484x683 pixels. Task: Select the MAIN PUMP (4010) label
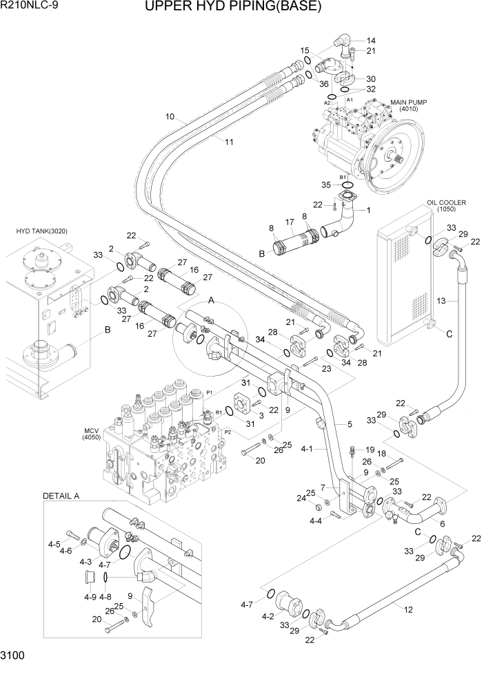409,105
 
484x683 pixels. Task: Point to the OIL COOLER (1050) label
446,206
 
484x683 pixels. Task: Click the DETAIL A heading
61,495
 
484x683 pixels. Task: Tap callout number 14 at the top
371,40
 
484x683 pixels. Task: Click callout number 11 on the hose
229,142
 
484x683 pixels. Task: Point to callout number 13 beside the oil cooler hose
440,300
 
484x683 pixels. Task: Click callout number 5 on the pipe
350,423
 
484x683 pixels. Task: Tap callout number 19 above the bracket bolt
370,449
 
